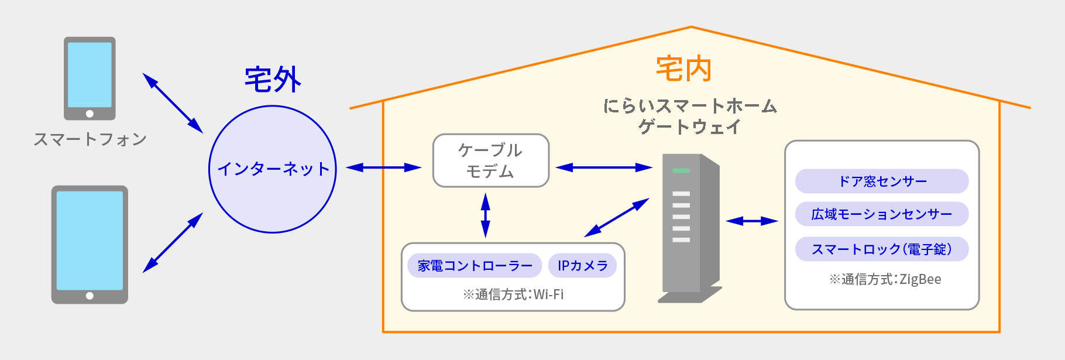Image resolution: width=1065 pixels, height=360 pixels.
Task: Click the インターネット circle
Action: [273, 169]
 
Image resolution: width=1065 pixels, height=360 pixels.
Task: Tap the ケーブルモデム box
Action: [490, 160]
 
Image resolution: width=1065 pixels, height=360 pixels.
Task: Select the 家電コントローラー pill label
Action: [475, 266]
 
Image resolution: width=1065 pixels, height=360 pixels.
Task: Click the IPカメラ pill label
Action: [582, 266]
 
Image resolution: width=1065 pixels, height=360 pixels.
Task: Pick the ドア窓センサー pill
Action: [881, 181]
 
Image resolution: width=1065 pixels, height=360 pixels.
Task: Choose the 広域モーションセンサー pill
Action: [881, 214]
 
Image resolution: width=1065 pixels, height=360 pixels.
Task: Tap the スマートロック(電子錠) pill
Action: [881, 249]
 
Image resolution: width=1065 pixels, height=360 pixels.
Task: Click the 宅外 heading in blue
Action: [273, 80]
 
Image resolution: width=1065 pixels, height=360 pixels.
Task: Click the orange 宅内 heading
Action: [683, 69]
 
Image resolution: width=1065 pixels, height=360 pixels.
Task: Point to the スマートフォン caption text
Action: [90, 139]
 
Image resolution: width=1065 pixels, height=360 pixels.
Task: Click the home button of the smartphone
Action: [90, 114]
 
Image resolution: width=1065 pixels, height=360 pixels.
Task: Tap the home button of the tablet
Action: [90, 296]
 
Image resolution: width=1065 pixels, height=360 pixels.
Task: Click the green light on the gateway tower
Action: [681, 170]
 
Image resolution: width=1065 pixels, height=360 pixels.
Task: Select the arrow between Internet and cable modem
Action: [383, 167]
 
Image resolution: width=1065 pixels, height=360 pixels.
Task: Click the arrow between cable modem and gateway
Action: [603, 167]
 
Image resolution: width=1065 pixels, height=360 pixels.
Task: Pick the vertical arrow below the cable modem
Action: [485, 215]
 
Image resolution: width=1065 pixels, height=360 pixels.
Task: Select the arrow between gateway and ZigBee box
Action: [751, 221]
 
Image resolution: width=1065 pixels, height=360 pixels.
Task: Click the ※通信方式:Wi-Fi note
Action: [513, 294]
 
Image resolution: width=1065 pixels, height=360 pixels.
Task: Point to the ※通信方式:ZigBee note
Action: [885, 279]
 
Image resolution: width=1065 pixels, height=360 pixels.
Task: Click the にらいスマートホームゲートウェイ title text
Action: [689, 116]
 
